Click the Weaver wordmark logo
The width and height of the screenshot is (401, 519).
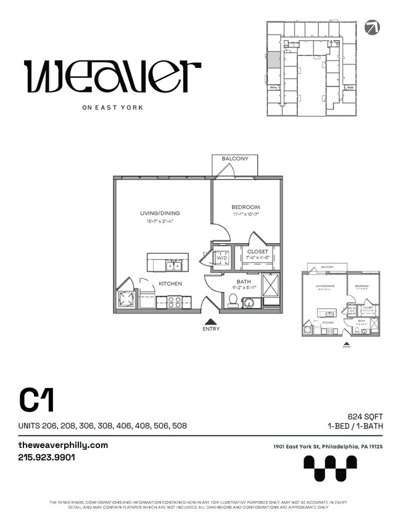tap(112, 76)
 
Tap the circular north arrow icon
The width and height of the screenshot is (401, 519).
tap(372, 27)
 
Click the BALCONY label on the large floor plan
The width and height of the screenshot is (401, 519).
tap(235, 159)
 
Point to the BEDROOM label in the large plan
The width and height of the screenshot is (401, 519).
tap(246, 207)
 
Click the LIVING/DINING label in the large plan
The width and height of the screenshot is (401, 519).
tap(160, 214)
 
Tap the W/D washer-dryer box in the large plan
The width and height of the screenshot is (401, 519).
tap(221, 258)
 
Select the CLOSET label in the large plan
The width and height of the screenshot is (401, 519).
tap(257, 252)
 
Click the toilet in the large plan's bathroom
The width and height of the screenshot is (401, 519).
tap(233, 300)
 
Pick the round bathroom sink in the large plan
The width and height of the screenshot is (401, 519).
tap(249, 303)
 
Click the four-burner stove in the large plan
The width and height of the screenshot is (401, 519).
tap(175, 302)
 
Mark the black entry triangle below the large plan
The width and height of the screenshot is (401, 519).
tap(210, 321)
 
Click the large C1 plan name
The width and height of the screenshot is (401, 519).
tap(37, 401)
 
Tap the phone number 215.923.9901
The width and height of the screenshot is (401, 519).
tap(46, 458)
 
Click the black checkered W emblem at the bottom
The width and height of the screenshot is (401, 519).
tap(330, 468)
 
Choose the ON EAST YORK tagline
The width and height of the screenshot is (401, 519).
tap(112, 107)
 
